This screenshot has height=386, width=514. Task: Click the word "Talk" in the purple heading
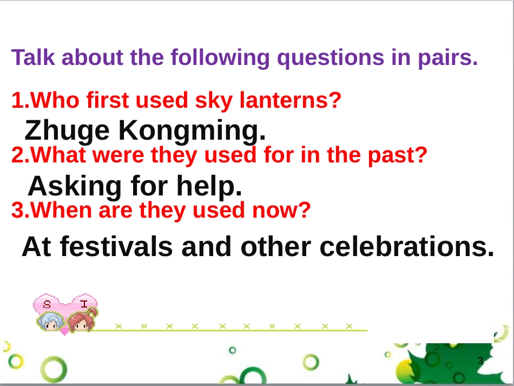(33, 57)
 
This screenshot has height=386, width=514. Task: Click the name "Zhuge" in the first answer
(67, 131)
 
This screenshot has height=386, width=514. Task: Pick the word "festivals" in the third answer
(116, 247)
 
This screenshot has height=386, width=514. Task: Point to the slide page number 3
(480, 361)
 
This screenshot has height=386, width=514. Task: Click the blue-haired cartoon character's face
(50, 322)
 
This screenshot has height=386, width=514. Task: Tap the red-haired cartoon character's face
(81, 322)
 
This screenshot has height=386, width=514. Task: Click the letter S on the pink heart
(47, 305)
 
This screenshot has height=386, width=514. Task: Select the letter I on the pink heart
(84, 304)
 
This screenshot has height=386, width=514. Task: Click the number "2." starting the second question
(21, 155)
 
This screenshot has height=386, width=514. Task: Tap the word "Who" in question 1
(55, 100)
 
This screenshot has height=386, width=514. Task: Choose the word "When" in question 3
(61, 210)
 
